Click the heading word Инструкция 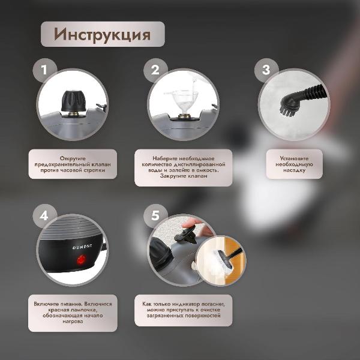(102, 34)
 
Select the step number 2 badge (155, 70)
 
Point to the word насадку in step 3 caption (294, 170)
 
